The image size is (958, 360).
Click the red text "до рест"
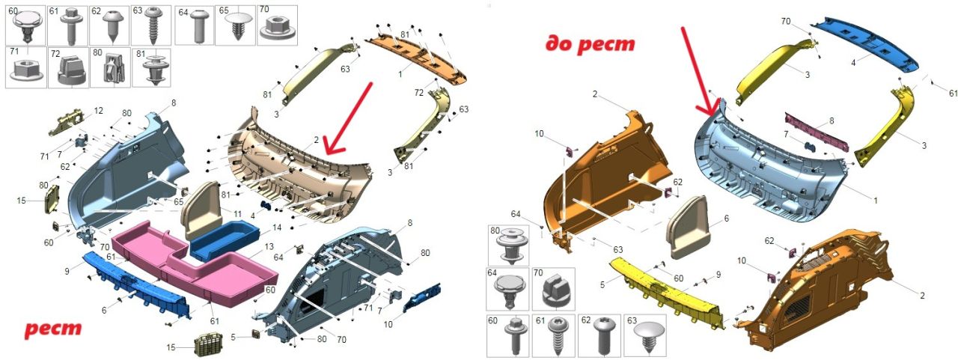pyautogui.click(x=591, y=44)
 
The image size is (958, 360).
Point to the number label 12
pyautogui.click(x=98, y=111)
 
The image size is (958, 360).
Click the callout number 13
pyautogui.click(x=269, y=247)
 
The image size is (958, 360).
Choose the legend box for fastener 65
pyautogui.click(x=235, y=25)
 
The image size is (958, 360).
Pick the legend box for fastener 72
pyautogui.click(x=68, y=68)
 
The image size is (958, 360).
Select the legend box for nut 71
pyautogui.click(x=25, y=67)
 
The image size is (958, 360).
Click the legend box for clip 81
pyautogui.click(x=151, y=67)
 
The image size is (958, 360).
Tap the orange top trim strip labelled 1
pyautogui.click(x=417, y=58)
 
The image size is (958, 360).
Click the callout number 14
pyautogui.click(x=277, y=228)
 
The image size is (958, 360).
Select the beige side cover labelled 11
pyautogui.click(x=202, y=210)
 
